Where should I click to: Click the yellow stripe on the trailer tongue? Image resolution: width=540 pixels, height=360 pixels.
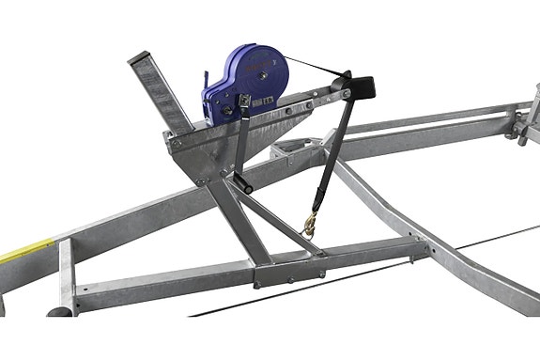(23, 251)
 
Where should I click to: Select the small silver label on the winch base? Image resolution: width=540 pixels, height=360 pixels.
(268, 98)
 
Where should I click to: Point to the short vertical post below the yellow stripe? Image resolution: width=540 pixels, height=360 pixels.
(64, 282)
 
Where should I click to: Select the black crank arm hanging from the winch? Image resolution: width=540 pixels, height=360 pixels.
(241, 141)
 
